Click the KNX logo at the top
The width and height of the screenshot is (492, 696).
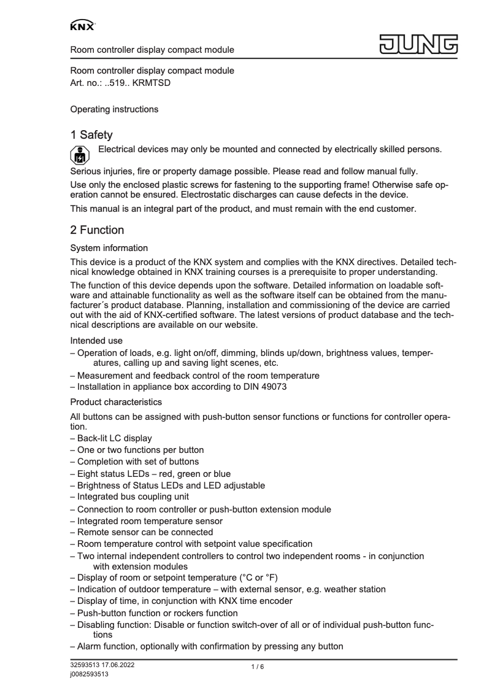(82, 26)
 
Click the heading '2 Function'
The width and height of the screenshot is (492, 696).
(97, 230)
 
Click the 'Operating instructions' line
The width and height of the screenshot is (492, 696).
(114, 109)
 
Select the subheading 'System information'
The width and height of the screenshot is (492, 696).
(109, 248)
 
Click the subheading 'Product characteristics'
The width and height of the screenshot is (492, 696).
(117, 402)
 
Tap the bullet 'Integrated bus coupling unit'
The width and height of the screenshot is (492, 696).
(133, 497)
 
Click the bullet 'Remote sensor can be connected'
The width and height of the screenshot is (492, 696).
(145, 532)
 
